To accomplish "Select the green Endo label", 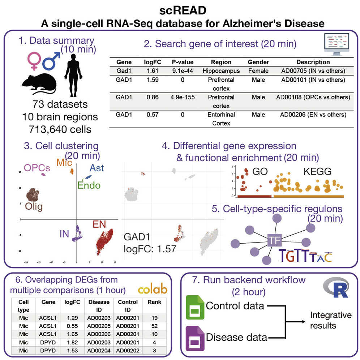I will coord(89,186).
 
